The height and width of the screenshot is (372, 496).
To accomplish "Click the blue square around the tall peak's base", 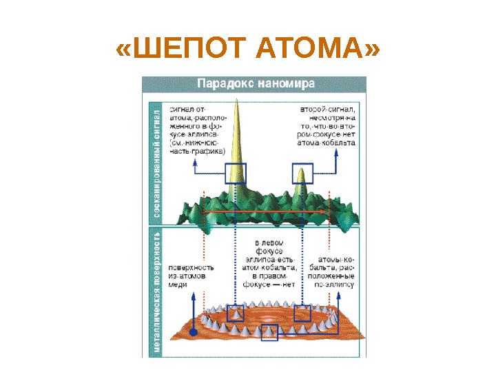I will point(236,174).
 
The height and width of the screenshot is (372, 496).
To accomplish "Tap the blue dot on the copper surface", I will point(194,333).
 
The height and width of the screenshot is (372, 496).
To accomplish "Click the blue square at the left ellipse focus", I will point(236,313).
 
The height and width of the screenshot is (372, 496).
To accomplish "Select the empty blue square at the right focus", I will point(302,313).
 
